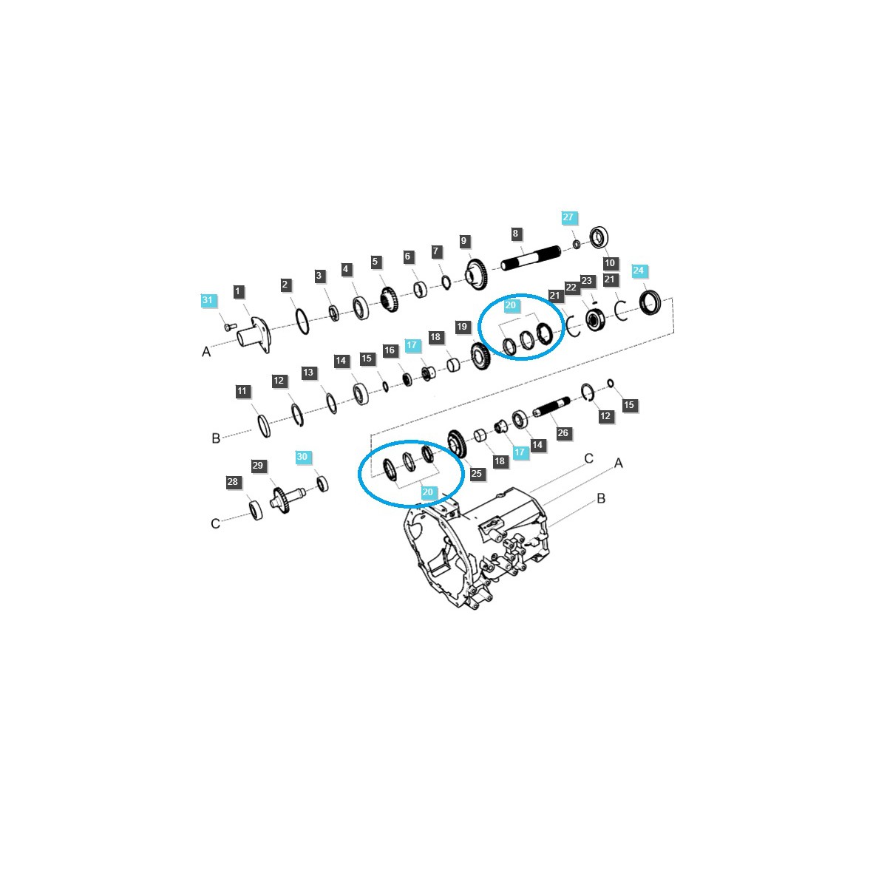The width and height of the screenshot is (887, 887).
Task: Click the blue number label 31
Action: point(208,300)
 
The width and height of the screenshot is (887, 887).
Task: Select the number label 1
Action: point(238,292)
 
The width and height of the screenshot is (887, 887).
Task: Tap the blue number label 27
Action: point(568,217)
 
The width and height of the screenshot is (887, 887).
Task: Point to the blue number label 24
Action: point(639,271)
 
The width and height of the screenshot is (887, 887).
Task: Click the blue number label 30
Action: point(302,457)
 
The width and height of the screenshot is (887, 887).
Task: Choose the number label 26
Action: point(563,432)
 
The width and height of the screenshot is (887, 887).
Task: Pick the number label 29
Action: point(258,466)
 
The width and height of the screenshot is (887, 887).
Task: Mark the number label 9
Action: point(464,241)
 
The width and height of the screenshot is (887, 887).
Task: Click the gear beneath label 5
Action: point(390,300)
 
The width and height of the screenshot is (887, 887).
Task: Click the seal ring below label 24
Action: point(650,302)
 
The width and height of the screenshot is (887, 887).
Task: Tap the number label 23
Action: point(587,281)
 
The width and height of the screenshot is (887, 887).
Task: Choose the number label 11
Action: point(243,392)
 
